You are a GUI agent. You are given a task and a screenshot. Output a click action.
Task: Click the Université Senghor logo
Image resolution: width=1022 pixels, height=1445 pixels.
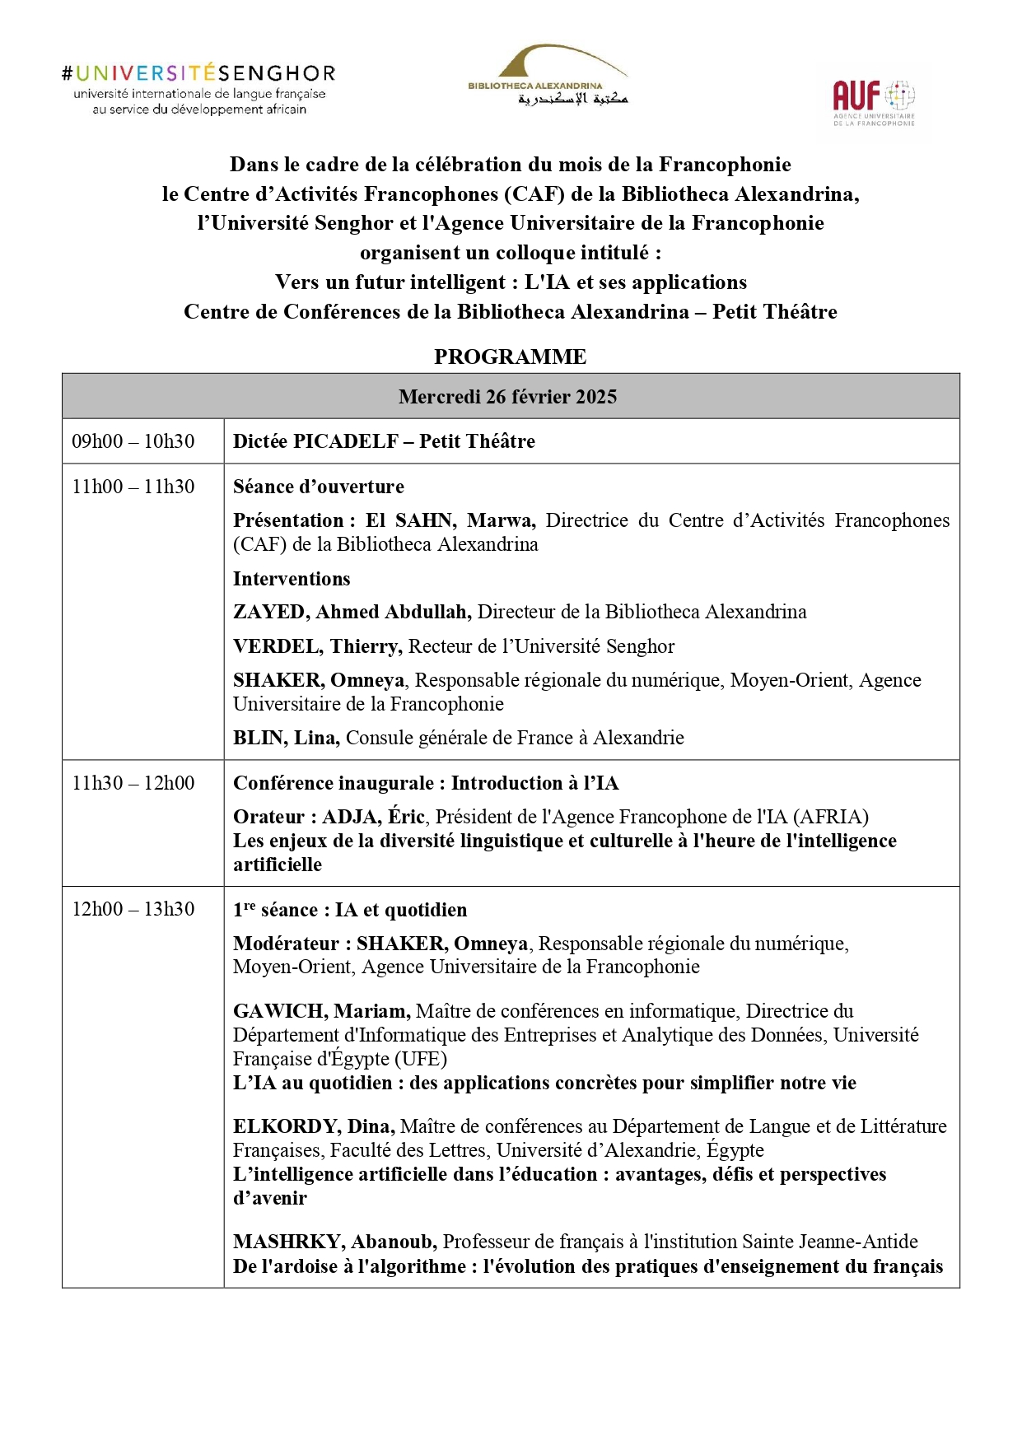pyautogui.click(x=198, y=89)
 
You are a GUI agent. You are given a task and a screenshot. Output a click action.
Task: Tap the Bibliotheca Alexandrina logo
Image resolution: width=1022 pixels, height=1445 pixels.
pyautogui.click(x=548, y=76)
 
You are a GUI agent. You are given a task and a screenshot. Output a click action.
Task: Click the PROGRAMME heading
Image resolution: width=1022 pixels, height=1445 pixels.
pyautogui.click(x=510, y=357)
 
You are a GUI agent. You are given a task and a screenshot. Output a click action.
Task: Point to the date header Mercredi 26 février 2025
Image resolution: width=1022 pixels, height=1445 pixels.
pyautogui.click(x=507, y=397)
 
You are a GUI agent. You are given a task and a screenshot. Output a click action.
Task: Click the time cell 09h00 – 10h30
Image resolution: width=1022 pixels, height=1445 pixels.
pyautogui.click(x=133, y=441)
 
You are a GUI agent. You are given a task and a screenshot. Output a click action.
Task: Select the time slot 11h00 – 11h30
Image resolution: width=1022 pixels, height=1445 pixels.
pyautogui.click(x=133, y=487)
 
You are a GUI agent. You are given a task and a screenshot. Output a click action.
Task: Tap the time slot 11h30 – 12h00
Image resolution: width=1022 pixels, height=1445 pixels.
pyautogui.click(x=133, y=783)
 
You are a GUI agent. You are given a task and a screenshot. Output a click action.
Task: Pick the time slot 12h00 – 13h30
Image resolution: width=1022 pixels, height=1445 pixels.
pyautogui.click(x=133, y=909)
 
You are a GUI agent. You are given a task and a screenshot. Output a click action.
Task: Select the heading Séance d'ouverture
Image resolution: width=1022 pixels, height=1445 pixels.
pyautogui.click(x=319, y=487)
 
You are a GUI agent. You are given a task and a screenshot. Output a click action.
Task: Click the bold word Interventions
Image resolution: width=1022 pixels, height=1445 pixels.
pyautogui.click(x=292, y=579)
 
